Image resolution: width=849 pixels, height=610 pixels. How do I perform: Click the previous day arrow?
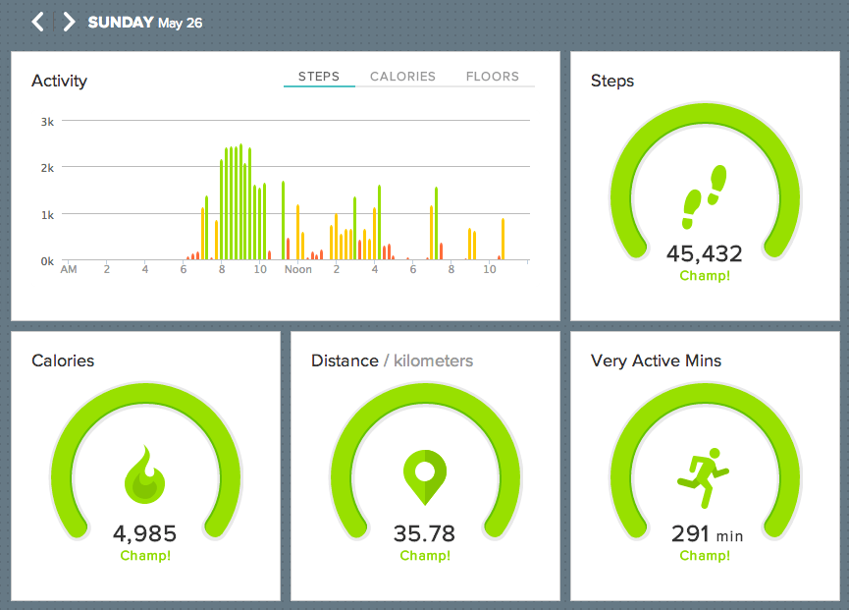point(37,22)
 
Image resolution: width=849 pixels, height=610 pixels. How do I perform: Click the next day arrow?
point(69,22)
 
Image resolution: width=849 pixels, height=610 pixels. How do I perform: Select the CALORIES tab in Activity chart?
point(402,77)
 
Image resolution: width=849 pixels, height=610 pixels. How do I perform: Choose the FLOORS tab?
point(493,77)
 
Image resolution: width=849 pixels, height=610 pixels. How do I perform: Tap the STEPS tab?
point(319,77)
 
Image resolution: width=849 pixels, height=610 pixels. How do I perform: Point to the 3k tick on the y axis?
point(47,121)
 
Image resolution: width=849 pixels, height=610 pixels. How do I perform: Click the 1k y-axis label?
point(47,214)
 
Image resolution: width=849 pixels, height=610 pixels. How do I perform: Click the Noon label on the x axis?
point(297,269)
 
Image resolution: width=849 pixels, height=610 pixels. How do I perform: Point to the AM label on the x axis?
point(69,269)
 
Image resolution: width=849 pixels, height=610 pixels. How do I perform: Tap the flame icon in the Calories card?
point(145,475)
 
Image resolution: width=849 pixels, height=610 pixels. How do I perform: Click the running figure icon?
point(703,474)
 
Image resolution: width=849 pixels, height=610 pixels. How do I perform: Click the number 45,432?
point(705,253)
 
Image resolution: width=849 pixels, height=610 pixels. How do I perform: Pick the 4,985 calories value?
point(145,533)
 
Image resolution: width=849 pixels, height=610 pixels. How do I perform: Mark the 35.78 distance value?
point(425,533)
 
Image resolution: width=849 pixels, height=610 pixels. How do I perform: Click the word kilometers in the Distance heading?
point(433,360)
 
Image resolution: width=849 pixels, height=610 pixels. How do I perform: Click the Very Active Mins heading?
point(656,360)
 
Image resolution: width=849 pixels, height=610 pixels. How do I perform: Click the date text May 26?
point(180,23)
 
